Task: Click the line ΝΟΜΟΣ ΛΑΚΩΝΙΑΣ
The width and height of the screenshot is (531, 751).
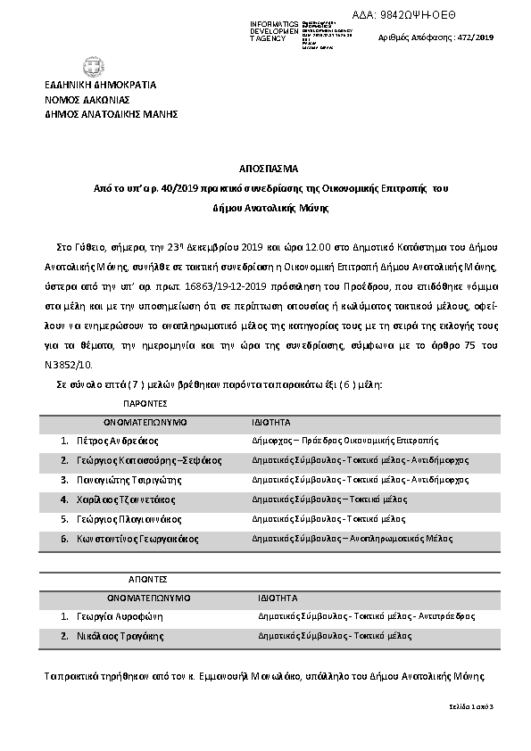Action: pos(87,100)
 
